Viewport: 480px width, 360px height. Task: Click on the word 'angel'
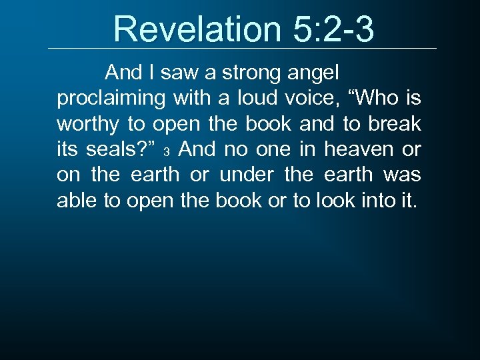click(315, 73)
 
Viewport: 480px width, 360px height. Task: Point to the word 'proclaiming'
click(111, 99)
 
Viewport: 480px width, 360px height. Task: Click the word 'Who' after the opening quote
click(374, 99)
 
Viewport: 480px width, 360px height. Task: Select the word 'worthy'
click(87, 124)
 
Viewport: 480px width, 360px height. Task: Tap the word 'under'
click(246, 175)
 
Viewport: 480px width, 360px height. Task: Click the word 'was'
click(402, 175)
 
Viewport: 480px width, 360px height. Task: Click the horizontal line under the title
click(242, 48)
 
